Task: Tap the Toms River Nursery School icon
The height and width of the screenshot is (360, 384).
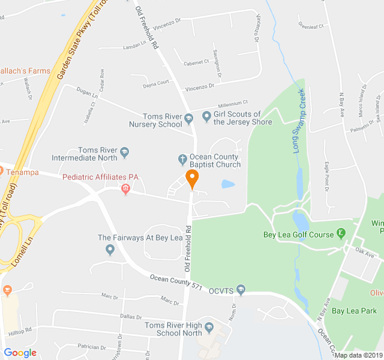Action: click(x=189, y=117)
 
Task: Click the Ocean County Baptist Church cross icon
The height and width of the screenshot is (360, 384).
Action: click(x=183, y=159)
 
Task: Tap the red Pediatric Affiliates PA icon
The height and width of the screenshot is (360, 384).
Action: click(x=125, y=190)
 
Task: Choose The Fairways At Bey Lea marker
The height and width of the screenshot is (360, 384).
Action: click(x=110, y=250)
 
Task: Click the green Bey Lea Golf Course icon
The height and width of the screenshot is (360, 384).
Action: click(x=341, y=233)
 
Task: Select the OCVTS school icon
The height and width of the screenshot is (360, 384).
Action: click(x=241, y=290)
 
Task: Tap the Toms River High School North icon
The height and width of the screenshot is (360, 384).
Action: click(x=209, y=328)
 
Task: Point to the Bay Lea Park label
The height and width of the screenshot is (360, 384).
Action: click(x=354, y=311)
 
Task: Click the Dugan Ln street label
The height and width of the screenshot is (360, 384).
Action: click(x=87, y=94)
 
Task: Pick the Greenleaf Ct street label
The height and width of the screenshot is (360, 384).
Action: click(x=311, y=26)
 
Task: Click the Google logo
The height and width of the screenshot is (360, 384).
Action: click(x=20, y=353)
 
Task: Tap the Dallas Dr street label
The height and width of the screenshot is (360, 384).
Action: click(x=130, y=317)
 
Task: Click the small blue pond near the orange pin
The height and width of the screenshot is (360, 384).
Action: click(x=228, y=184)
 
